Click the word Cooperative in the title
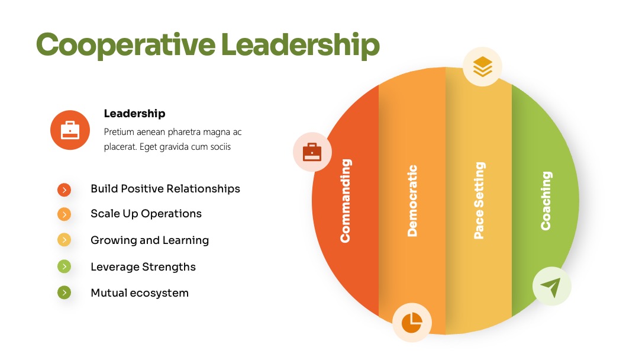pos(125,45)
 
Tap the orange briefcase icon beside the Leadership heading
pos(70,130)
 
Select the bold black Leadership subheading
pos(134,113)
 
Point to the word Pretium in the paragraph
pos(118,132)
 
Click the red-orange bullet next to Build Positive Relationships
pos(64,189)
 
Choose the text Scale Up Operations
pos(146,214)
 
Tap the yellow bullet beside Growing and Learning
pos(64,240)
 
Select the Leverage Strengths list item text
pos(143,267)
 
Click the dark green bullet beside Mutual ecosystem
pos(64,292)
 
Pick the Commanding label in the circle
pos(346,201)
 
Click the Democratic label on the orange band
pos(412,201)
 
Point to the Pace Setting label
pos(479,200)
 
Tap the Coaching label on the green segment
pos(546,201)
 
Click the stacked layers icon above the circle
pos(483,66)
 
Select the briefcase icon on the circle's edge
pos(312,152)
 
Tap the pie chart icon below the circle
pos(412,323)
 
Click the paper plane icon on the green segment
pos(552,286)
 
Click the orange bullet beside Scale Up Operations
pos(64,214)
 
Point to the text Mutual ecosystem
pos(140,293)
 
